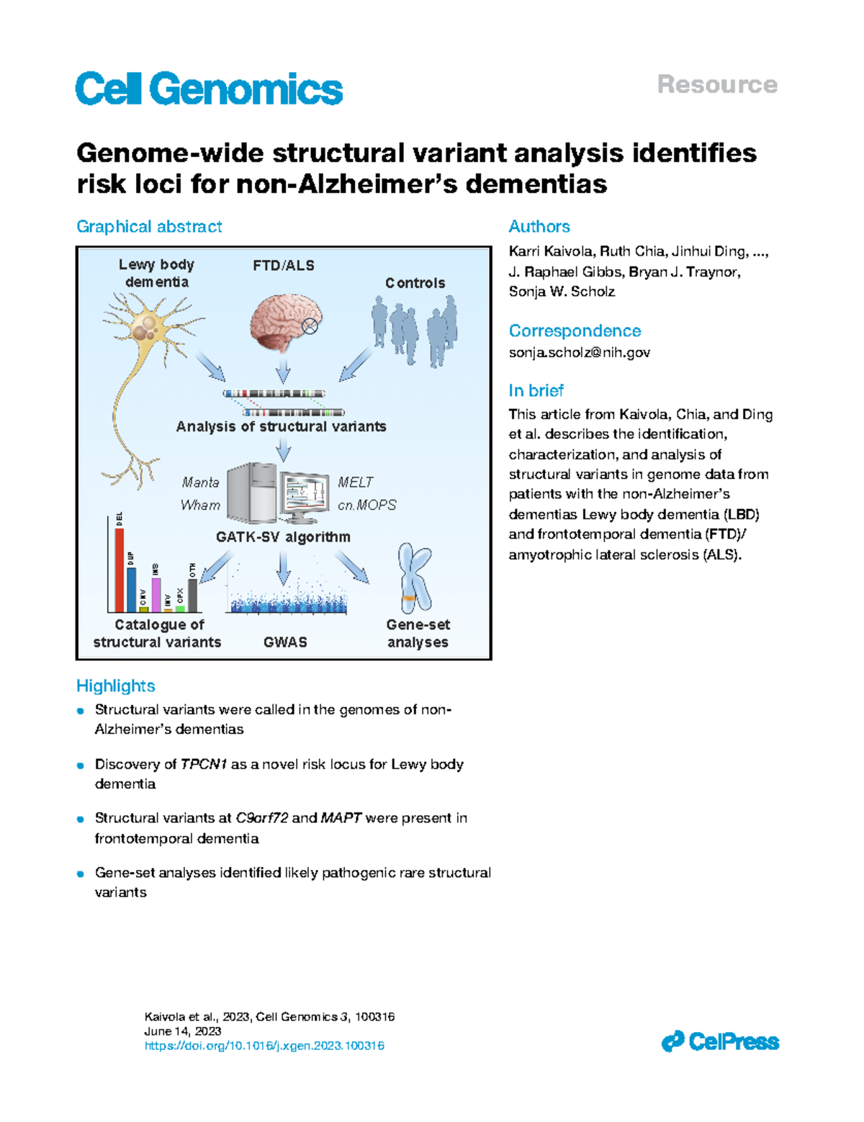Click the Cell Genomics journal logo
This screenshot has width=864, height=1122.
[209, 89]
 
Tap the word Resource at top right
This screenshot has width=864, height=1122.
[717, 85]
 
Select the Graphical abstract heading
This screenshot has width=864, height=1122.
[149, 227]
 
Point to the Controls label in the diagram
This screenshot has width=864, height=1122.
[415, 283]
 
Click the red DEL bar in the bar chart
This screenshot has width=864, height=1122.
[120, 570]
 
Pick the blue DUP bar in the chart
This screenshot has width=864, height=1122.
[131, 590]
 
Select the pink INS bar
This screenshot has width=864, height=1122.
[156, 594]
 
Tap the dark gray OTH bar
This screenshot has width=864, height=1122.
[192, 595]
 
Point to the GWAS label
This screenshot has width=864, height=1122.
[285, 642]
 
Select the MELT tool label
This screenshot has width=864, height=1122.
[356, 483]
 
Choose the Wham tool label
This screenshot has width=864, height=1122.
[200, 506]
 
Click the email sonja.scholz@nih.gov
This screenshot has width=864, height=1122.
[579, 353]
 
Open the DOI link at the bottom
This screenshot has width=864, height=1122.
[264, 1046]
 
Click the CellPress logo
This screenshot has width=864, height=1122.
[720, 1041]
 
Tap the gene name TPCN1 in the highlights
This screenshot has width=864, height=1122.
[204, 764]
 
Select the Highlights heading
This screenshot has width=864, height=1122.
[115, 686]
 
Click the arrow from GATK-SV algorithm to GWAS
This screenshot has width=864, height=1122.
[284, 567]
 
